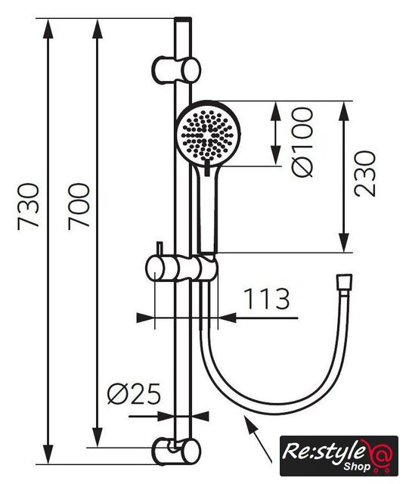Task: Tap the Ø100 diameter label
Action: click(302, 142)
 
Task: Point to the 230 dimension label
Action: click(365, 173)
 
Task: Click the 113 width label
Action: click(267, 299)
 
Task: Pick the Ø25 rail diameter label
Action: click(135, 394)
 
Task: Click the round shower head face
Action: click(208, 134)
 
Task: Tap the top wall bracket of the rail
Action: click(176, 70)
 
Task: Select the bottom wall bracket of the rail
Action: click(176, 451)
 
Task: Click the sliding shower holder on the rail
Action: click(182, 269)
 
